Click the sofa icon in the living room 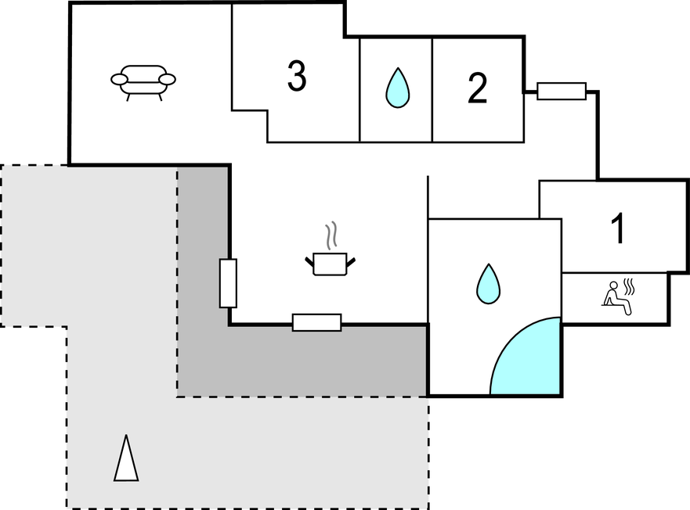[143, 80]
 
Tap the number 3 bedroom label [296, 77]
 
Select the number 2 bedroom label [477, 88]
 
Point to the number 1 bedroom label [618, 228]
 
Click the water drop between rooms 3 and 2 [397, 88]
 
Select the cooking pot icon [330, 263]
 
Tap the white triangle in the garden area [125, 458]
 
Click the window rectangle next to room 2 [562, 92]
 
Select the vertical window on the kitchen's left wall [228, 283]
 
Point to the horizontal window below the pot [316, 322]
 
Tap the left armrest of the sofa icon [119, 79]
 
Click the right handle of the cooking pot [351, 260]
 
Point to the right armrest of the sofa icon [168, 79]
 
